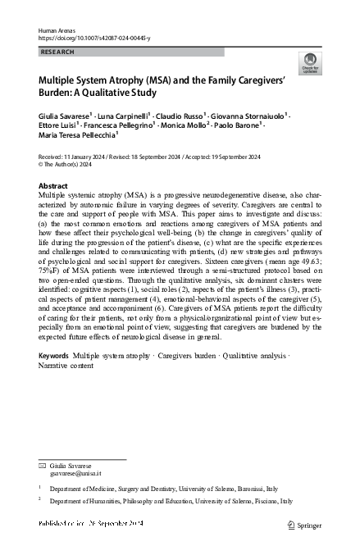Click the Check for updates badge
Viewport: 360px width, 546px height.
click(312, 61)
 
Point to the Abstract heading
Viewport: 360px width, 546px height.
click(53, 186)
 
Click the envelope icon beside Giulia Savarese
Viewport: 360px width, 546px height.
click(43, 465)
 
